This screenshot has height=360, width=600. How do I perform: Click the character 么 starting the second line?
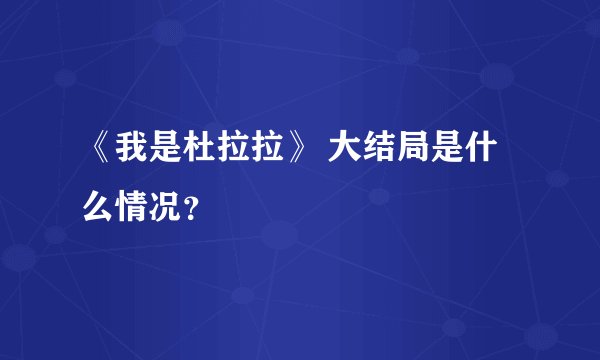(x=99, y=205)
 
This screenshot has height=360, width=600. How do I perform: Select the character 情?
(x=133, y=205)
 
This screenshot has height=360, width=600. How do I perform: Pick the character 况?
(x=167, y=205)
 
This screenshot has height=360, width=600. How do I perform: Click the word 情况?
(x=150, y=205)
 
